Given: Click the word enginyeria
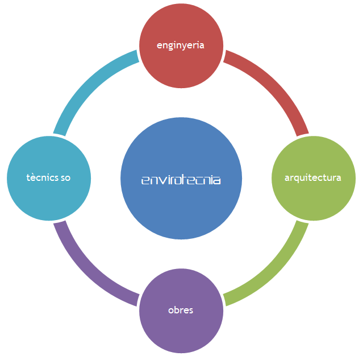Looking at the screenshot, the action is click(180, 45).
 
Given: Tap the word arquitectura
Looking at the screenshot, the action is click(313, 178).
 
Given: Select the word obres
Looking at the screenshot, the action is click(181, 310).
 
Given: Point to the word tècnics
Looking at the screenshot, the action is click(43, 177).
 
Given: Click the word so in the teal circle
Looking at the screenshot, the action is click(65, 178).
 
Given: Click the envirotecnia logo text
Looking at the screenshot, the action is click(181, 180).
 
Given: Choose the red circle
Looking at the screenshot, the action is click(181, 45).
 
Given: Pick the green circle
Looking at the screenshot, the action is click(314, 178).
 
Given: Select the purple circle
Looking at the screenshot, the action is click(181, 311).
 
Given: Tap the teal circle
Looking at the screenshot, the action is click(49, 178).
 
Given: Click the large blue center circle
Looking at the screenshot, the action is click(181, 178).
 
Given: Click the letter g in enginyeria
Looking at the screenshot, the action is click(170, 47).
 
